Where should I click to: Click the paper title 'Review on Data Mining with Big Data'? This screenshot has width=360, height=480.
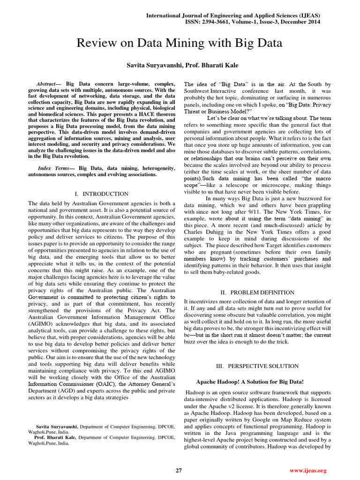point(180,44)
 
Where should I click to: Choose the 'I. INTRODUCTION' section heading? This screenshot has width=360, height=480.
point(102,194)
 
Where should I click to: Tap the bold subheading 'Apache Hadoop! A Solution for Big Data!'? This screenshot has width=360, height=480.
point(249,382)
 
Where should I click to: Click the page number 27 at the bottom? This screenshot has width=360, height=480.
point(179,470)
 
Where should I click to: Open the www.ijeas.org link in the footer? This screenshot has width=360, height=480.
point(308,470)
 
